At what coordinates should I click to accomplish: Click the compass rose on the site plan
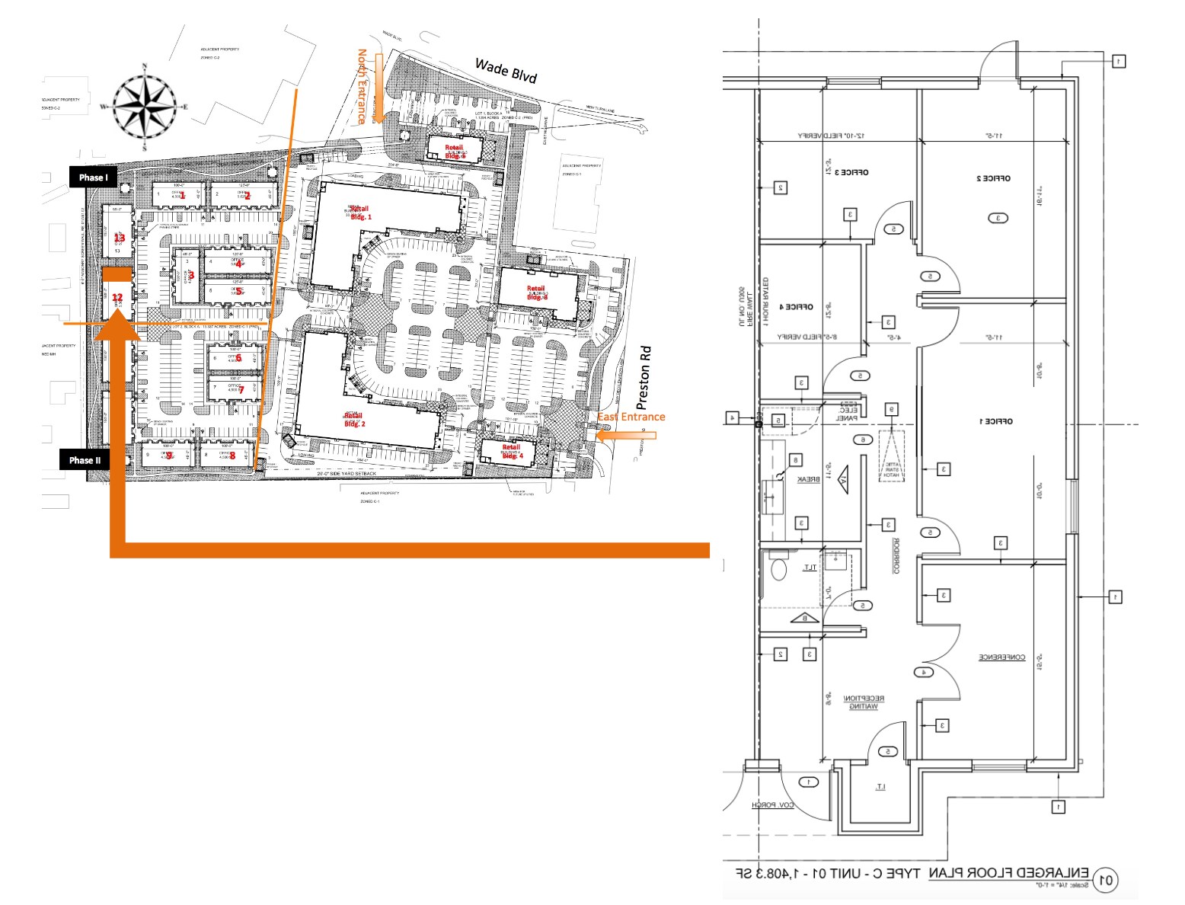pos(145,107)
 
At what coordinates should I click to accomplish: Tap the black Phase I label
pos(94,177)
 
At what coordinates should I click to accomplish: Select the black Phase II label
pos(85,460)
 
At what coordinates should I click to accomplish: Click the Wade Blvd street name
pos(506,71)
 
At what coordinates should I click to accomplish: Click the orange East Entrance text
pos(631,417)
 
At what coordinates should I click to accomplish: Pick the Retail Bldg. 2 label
pos(355,419)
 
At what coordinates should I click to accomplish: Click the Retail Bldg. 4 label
pos(512,451)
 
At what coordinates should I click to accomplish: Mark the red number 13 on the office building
pos(119,238)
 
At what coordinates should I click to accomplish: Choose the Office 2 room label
pos(993,178)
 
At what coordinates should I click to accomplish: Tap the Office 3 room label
pos(851,172)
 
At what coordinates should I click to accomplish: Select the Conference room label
pos(1001,657)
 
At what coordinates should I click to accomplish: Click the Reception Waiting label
pos(864,702)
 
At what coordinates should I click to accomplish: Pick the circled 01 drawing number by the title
pos(1106,881)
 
